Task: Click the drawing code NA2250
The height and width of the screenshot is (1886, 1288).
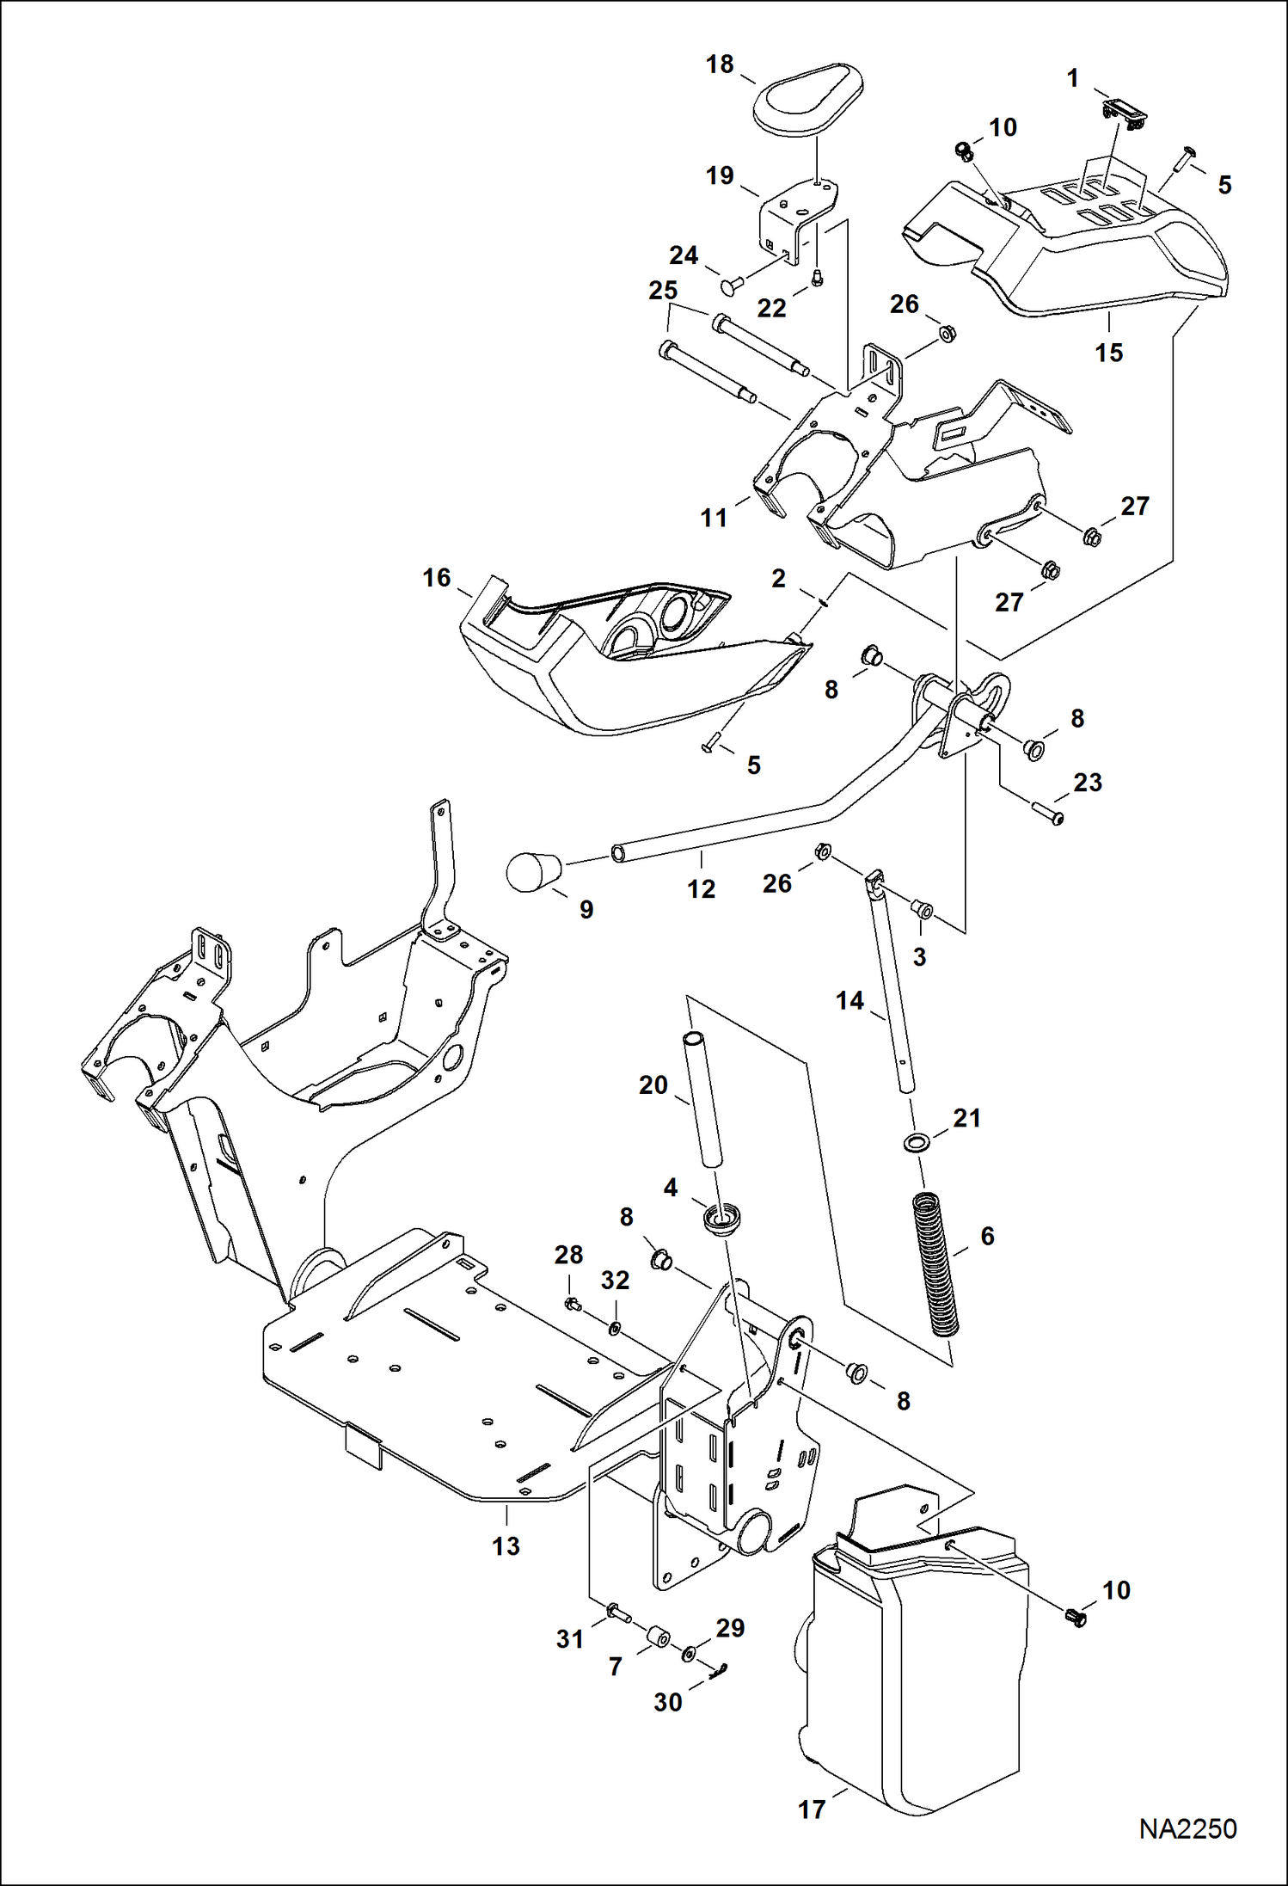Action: click(x=1187, y=1828)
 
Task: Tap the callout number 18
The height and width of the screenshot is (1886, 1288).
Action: click(x=720, y=65)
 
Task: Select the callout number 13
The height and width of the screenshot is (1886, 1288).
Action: click(x=506, y=1545)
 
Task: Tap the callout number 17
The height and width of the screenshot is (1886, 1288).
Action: click(x=811, y=1809)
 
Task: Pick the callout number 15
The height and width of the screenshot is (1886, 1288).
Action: click(x=1108, y=352)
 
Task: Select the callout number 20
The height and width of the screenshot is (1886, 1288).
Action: click(x=653, y=1084)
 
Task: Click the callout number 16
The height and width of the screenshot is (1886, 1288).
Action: click(x=436, y=577)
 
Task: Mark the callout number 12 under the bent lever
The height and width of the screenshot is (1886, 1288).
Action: click(x=701, y=888)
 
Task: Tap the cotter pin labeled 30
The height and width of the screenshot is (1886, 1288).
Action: click(x=720, y=1669)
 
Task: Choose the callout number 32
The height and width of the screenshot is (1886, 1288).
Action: click(x=614, y=1280)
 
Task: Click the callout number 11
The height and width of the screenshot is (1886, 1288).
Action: click(x=714, y=518)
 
